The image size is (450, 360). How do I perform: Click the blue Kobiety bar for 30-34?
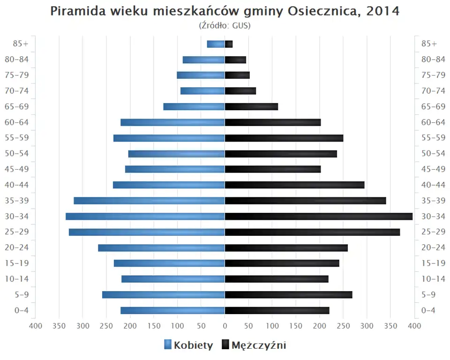[x=145, y=217]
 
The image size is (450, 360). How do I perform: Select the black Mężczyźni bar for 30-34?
[x=319, y=217]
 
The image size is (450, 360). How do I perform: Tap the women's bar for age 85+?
[x=216, y=44]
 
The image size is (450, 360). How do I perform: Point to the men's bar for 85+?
[x=229, y=44]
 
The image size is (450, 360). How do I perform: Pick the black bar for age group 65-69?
[x=251, y=107]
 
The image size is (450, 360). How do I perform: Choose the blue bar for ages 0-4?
[x=172, y=310]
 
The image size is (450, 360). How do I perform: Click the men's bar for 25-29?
[x=312, y=232]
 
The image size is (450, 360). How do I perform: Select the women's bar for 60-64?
[x=172, y=122]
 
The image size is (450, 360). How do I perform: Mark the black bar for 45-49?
[x=273, y=169]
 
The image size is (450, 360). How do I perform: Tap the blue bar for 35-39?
[x=149, y=201]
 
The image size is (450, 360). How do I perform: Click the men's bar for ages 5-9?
[x=288, y=294]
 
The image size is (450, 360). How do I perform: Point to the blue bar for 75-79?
[x=201, y=75]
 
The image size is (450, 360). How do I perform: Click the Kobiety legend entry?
[x=193, y=345]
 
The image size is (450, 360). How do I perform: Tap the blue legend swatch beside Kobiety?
[x=168, y=345]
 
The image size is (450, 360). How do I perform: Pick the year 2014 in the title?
[x=383, y=11]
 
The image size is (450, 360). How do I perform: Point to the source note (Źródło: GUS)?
[x=225, y=25]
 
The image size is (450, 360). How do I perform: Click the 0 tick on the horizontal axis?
[x=225, y=326]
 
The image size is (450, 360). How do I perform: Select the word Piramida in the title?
[x=78, y=11]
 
